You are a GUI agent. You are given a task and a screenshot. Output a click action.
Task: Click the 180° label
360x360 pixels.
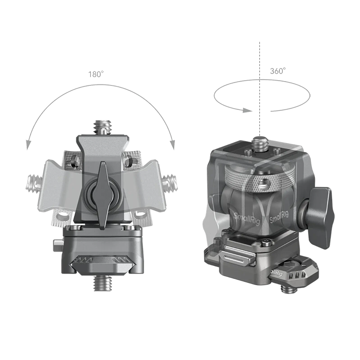click(96, 74)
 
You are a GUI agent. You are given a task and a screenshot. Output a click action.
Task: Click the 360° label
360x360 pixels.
click(278, 71)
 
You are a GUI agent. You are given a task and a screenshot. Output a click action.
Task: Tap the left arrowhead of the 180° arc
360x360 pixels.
click(28, 145)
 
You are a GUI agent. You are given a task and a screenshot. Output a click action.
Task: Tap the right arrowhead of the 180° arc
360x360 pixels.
click(172, 145)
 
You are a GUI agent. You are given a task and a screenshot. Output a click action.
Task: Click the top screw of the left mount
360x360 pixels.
click(102, 127)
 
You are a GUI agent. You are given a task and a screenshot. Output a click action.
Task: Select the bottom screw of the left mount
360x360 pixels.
click(102, 283)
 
